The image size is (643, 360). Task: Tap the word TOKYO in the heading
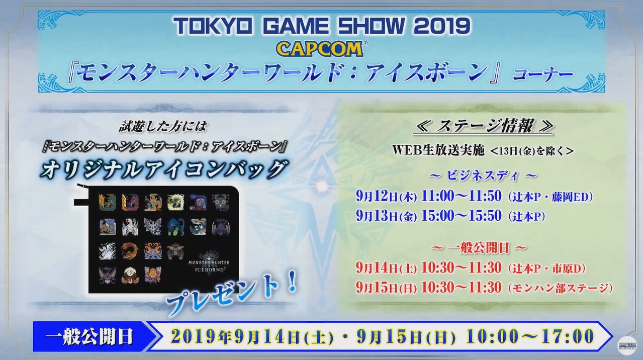pos(214,27)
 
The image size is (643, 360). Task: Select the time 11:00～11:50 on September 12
pos(462,196)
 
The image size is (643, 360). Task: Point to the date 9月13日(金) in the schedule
pos(387,216)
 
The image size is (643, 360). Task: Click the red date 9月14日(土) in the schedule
pos(387,268)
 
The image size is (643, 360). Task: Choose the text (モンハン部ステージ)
pos(560,288)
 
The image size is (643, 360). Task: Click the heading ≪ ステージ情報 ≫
pos(484,126)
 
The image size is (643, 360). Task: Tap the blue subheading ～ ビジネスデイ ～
pos(484,175)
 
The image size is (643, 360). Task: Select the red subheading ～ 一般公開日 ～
pos(480,248)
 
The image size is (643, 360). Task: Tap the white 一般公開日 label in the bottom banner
pos(89,336)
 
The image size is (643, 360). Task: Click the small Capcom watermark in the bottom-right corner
pos(627,346)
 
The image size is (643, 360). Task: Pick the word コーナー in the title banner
pos(543,74)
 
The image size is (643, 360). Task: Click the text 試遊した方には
pos(163,127)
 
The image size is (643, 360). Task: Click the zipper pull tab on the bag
pos(81,202)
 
